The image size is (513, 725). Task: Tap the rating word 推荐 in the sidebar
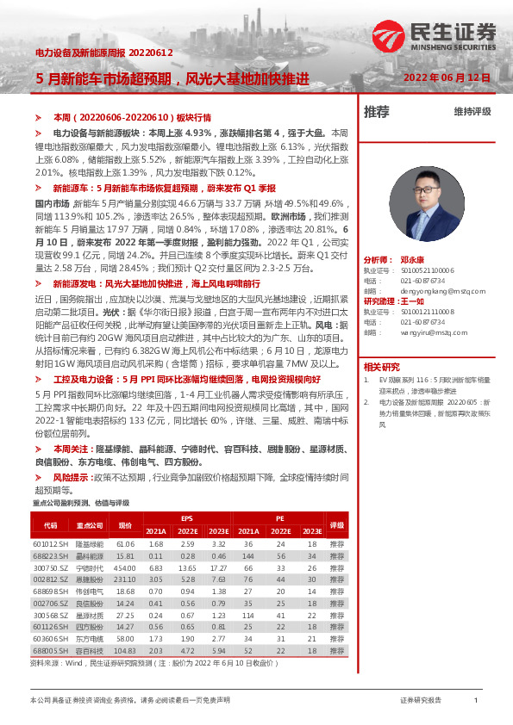[377, 111]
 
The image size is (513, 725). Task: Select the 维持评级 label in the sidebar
[472, 111]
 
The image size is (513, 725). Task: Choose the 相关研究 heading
[380, 365]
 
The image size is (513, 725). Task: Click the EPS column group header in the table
[187, 517]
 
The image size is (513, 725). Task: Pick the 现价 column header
[126, 524]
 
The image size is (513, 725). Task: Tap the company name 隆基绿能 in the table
[89, 544]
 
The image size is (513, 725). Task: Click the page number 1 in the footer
[476, 701]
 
